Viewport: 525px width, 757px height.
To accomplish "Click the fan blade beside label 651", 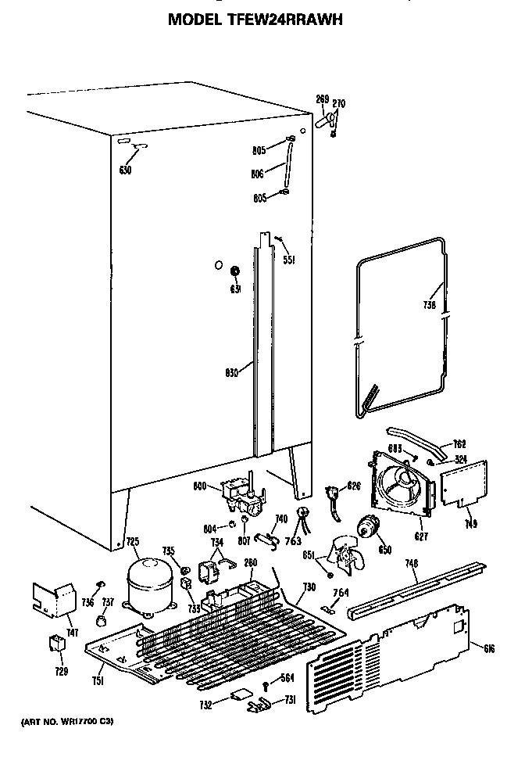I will [x=345, y=556].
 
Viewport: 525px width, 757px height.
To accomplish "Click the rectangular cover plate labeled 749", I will [x=466, y=485].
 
